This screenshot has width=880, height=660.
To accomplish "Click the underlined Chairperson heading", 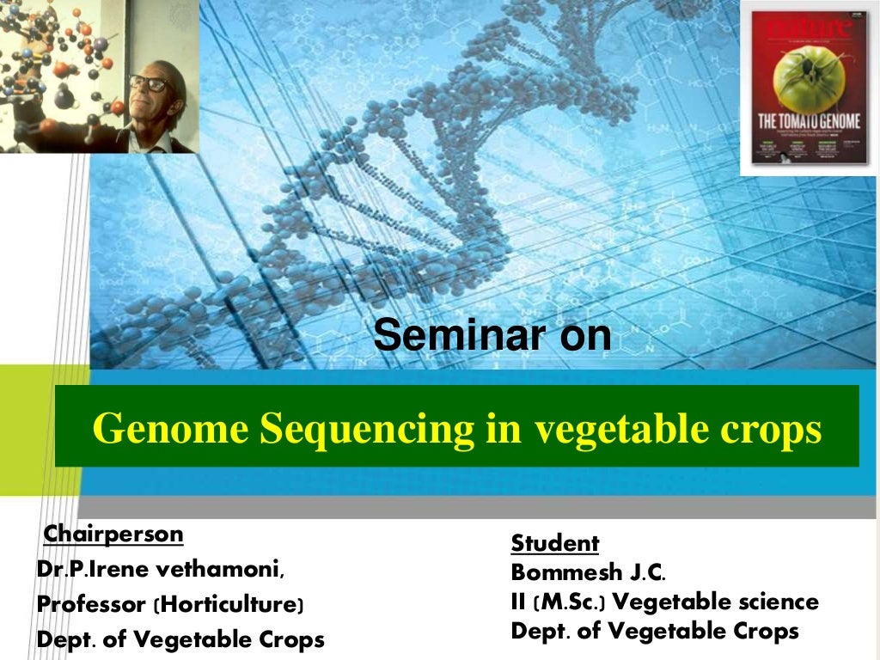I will click(x=113, y=535).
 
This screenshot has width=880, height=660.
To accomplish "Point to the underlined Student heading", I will click(x=554, y=543).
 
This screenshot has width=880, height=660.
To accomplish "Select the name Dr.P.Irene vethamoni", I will click(x=160, y=570).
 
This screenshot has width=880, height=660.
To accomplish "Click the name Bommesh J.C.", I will click(x=588, y=571).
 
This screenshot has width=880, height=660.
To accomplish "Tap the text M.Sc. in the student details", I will click(x=568, y=602).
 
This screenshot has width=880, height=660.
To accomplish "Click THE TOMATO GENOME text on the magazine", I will click(x=809, y=120).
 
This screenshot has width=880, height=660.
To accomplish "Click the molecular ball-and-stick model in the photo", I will click(x=52, y=60).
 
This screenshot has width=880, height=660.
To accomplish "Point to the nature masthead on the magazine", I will click(x=808, y=28).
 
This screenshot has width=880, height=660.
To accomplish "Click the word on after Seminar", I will click(x=585, y=336).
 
